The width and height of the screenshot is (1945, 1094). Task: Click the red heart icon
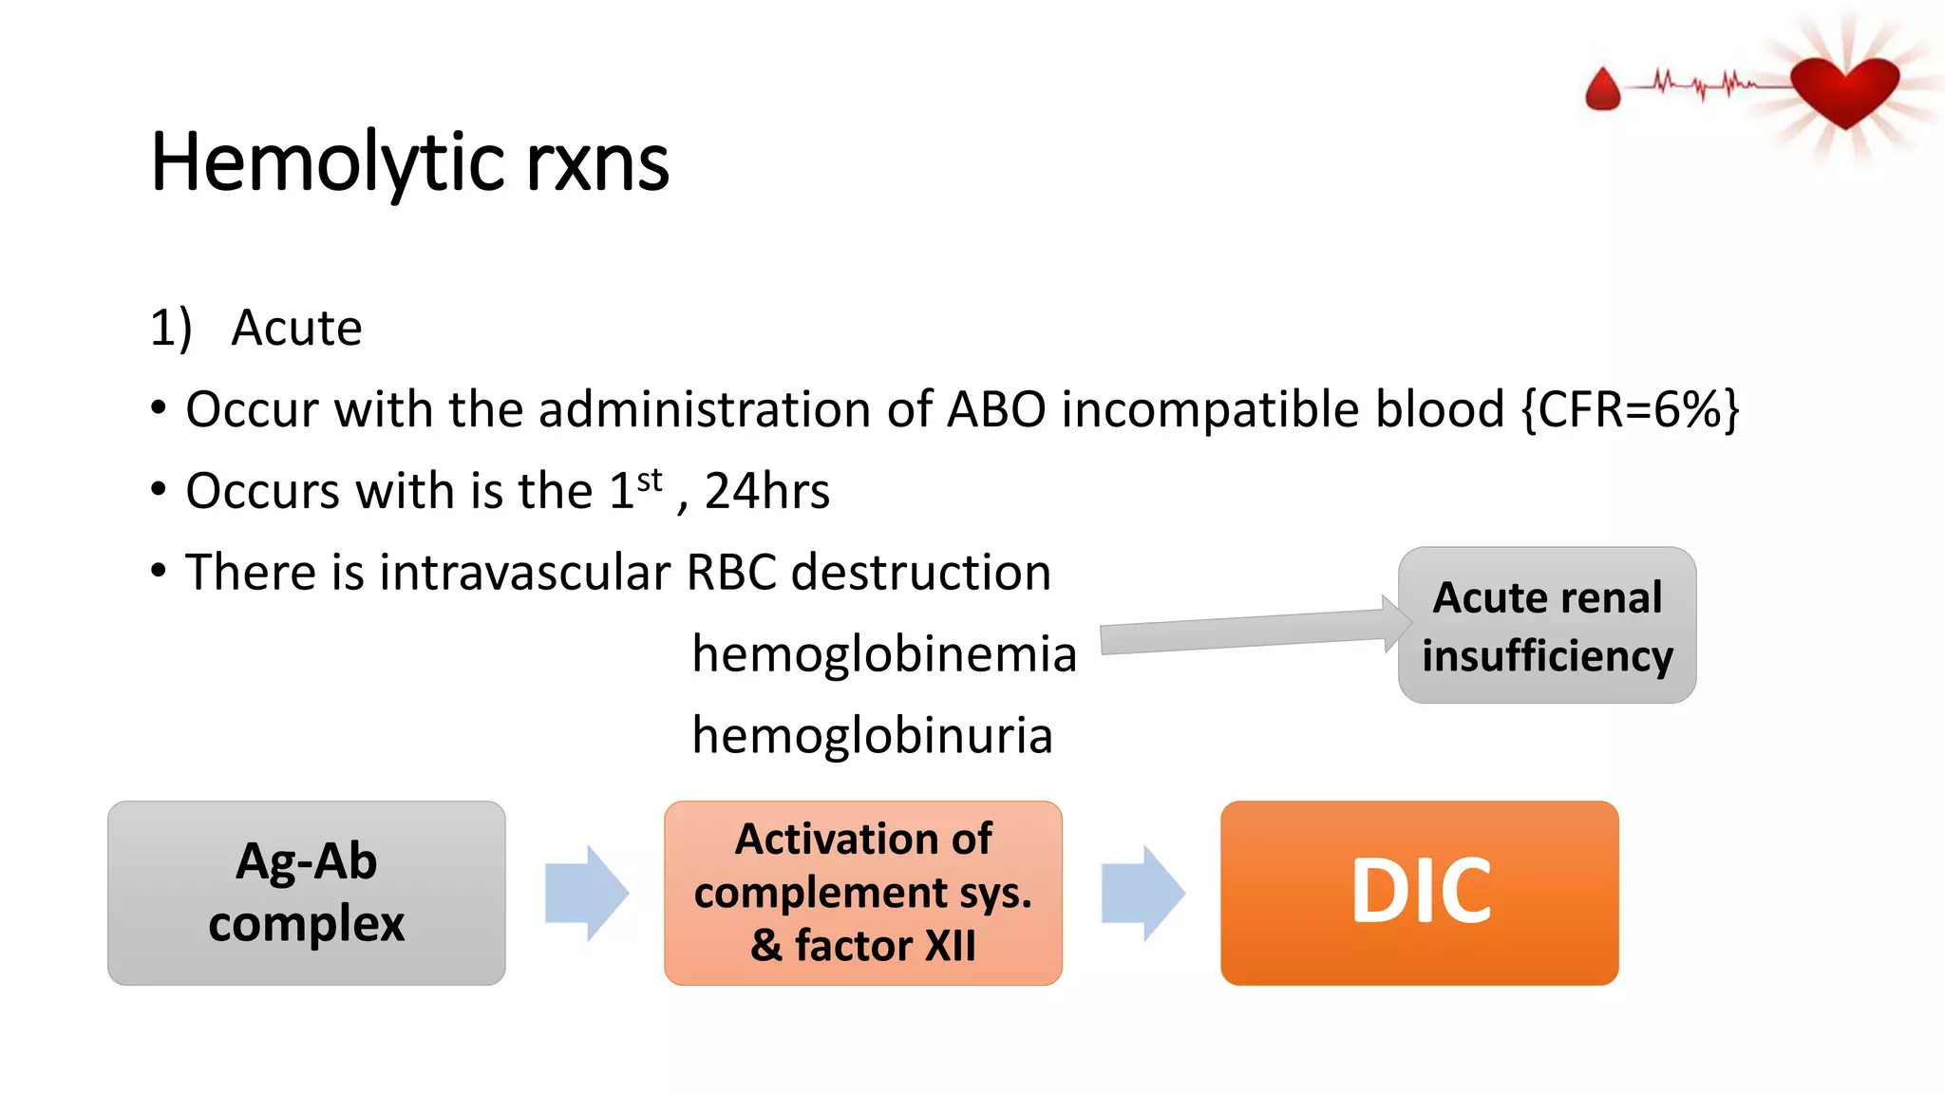pyautogui.click(x=1844, y=90)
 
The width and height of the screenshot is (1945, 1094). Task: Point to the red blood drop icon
pyautogui.click(x=1603, y=90)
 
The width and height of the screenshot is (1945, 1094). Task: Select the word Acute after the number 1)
pyautogui.click(x=296, y=329)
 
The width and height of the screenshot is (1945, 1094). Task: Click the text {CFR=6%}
pyautogui.click(x=1630, y=410)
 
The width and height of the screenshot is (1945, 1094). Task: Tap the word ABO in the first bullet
pyautogui.click(x=996, y=410)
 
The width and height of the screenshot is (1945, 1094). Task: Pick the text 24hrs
pyautogui.click(x=767, y=492)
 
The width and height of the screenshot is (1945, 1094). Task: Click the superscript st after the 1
pyautogui.click(x=650, y=480)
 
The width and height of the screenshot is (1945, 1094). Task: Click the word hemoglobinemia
pyautogui.click(x=884, y=654)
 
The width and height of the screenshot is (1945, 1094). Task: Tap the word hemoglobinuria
pyautogui.click(x=872, y=736)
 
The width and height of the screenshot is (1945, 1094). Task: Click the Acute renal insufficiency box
pyautogui.click(x=1546, y=625)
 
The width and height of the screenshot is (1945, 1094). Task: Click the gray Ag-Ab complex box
pyautogui.click(x=306, y=893)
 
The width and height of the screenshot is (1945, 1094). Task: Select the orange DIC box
pyautogui.click(x=1419, y=893)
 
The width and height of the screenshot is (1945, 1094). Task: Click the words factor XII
pyautogui.click(x=885, y=946)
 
